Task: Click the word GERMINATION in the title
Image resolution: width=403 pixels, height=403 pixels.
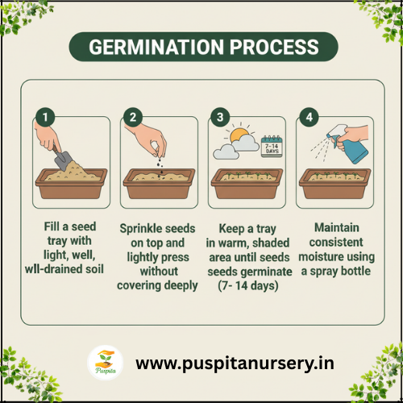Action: pos(156,47)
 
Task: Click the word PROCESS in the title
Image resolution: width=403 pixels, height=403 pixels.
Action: pos(274,47)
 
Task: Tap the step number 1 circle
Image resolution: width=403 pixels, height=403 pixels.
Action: pos(45,117)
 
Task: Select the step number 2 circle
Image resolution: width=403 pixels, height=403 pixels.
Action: pos(133,117)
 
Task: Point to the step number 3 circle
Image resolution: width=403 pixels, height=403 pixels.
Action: pos(220,117)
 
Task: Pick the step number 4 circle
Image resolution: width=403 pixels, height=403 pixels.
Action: pos(309,117)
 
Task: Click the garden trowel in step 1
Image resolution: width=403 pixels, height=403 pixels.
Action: pos(62,159)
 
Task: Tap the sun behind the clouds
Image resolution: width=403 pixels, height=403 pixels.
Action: pos(239,135)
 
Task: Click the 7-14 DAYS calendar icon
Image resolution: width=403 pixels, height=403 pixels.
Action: pos(272,147)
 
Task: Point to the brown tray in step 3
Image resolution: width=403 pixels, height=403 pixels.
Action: pos(247,184)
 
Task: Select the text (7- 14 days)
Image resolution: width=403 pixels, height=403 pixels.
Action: pos(248,286)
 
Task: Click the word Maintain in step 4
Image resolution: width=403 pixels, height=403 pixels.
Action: pos(337,227)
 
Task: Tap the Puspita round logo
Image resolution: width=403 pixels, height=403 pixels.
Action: pos(106,363)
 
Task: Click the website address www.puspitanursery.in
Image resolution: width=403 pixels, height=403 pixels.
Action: pos(235,364)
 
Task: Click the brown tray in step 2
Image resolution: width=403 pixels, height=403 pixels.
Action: pos(159,184)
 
